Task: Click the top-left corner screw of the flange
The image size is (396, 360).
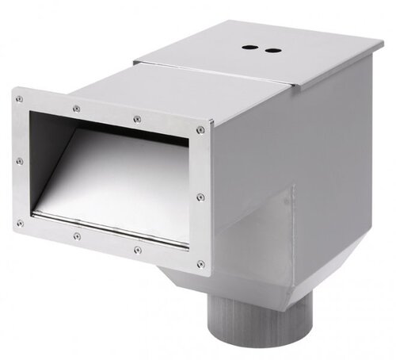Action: point(19,99)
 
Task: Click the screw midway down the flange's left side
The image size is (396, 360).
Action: point(20,160)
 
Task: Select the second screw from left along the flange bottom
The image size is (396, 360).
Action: point(77,236)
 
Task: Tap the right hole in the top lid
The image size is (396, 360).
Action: point(274,50)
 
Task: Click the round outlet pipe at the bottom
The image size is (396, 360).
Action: point(237,325)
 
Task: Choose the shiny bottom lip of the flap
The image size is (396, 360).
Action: point(111,225)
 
